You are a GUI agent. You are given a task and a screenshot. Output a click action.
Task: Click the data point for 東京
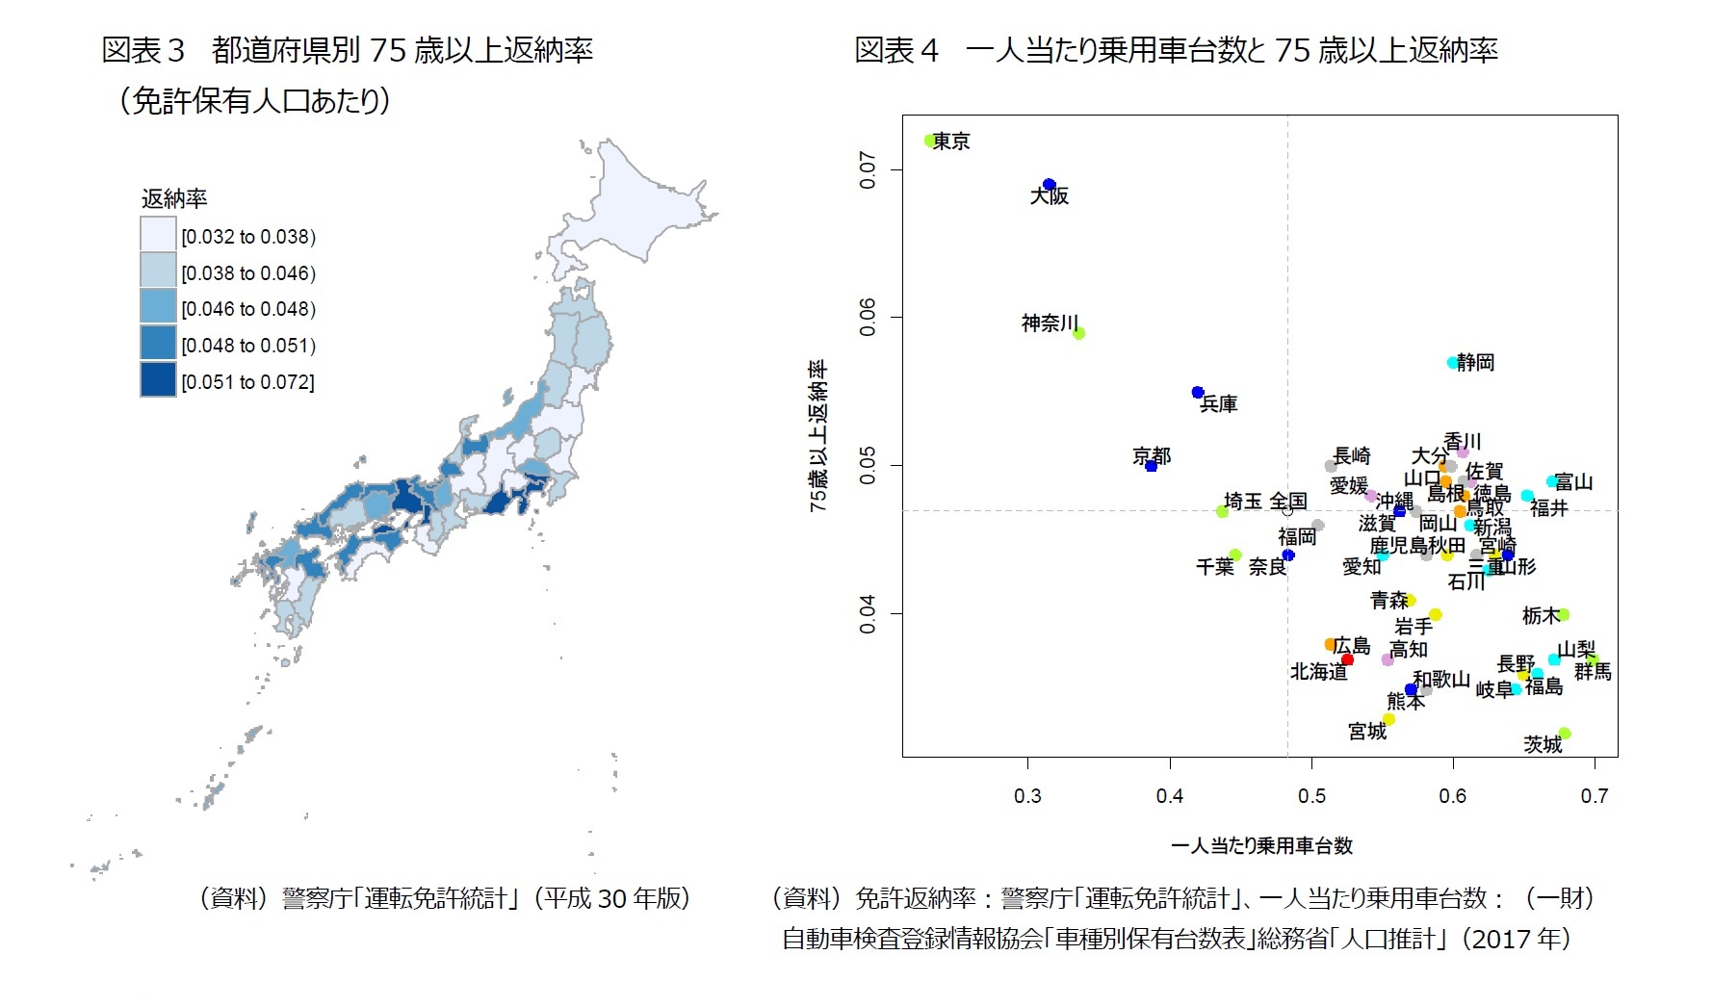tap(930, 141)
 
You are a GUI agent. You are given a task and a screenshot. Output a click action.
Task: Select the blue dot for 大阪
tap(1049, 185)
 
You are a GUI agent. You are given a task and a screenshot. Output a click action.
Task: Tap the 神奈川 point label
tap(1050, 323)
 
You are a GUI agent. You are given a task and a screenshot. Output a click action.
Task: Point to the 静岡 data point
tap(1453, 363)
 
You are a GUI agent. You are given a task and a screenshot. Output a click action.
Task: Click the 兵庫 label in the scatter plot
tap(1219, 405)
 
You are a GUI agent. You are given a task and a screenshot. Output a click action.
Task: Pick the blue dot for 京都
tap(1151, 466)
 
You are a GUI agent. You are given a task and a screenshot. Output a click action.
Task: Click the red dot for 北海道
tap(1347, 659)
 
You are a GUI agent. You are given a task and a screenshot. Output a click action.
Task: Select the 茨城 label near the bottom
tap(1543, 745)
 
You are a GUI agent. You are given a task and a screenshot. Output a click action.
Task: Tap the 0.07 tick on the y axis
tap(869, 170)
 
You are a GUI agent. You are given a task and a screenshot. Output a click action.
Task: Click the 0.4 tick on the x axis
tap(1170, 795)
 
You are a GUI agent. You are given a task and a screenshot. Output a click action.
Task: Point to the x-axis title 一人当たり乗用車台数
tap(1261, 846)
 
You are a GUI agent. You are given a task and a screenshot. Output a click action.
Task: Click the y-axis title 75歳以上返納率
tap(818, 436)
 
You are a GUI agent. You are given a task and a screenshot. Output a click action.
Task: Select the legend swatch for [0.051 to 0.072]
tap(158, 380)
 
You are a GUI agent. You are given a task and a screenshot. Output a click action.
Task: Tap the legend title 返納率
tap(174, 199)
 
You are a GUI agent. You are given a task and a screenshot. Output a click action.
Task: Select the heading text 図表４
tap(896, 51)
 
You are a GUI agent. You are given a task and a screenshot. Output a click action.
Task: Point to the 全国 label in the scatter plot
tap(1287, 501)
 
